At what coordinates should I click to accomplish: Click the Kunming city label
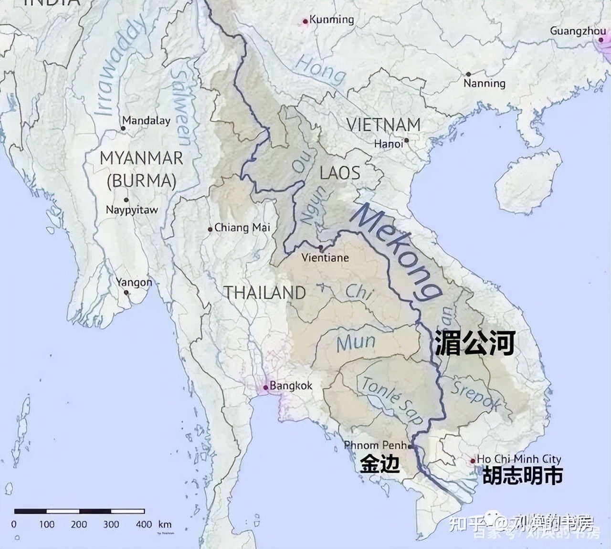click(331, 20)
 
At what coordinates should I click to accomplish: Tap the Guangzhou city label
click(578, 31)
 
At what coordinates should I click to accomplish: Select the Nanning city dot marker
click(468, 74)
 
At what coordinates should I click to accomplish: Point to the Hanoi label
click(388, 143)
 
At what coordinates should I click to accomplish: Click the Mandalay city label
click(146, 120)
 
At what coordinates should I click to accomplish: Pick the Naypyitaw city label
click(132, 210)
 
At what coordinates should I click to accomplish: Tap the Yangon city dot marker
click(126, 292)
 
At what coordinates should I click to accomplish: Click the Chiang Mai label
click(242, 228)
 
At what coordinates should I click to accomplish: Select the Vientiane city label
click(325, 258)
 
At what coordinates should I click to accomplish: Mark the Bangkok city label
click(291, 385)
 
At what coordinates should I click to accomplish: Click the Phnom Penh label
click(376, 445)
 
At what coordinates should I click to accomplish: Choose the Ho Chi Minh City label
click(519, 459)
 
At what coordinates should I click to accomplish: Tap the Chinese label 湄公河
click(474, 343)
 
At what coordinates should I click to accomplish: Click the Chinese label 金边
click(379, 464)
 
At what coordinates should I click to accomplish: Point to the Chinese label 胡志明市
click(522, 475)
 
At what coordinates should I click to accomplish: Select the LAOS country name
click(340, 173)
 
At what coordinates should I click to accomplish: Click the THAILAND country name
click(265, 292)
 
